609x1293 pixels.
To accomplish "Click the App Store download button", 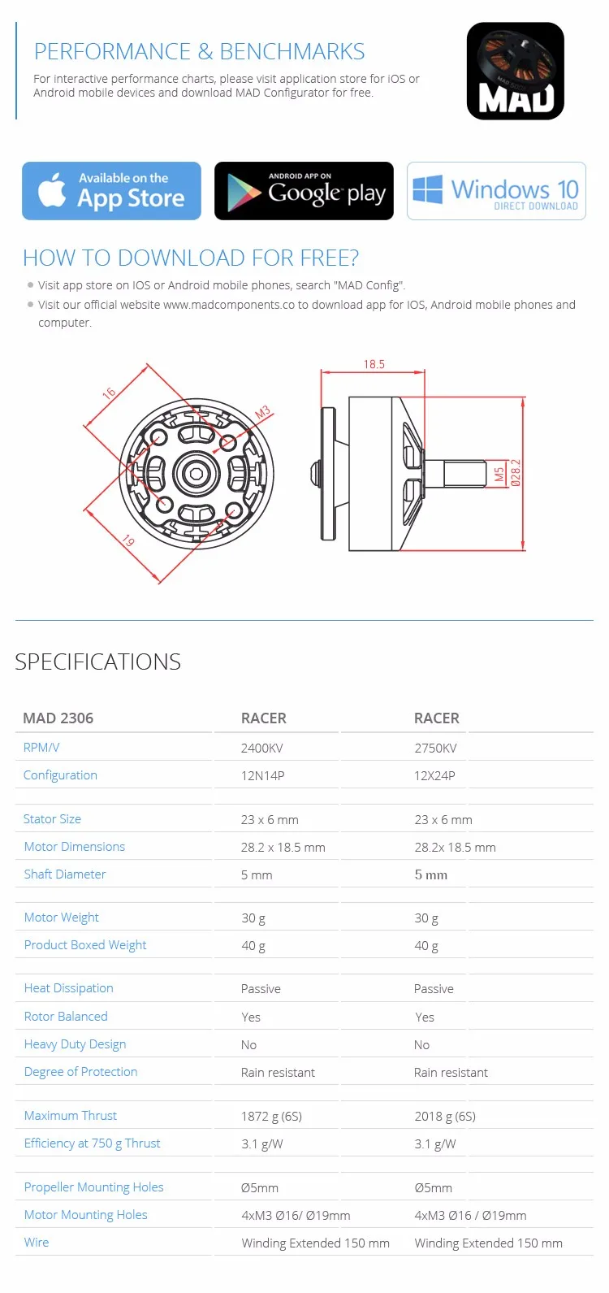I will tap(111, 191).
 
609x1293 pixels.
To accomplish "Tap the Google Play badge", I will tap(304, 191).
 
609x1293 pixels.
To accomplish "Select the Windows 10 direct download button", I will tap(496, 191).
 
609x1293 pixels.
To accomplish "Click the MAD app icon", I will tap(515, 72).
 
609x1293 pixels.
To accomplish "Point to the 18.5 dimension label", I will tap(374, 365).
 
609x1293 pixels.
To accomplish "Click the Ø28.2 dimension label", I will tap(516, 472).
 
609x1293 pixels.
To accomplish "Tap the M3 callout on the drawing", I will tap(262, 413).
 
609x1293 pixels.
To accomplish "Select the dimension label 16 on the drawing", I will tap(109, 393).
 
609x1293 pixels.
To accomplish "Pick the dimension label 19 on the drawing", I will tap(127, 540).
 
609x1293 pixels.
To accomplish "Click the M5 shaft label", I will tap(500, 473).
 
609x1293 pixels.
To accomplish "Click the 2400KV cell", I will tap(261, 748).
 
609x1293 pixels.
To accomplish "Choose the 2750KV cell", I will tap(435, 748).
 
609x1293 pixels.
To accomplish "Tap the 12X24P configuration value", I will tap(434, 776).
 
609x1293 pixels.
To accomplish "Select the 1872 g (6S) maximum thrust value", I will tap(271, 1117).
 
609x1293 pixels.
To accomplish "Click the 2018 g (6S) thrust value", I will tap(445, 1117).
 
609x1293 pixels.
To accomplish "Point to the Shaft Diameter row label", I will tap(65, 874).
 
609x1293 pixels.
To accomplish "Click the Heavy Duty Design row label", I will tap(75, 1044).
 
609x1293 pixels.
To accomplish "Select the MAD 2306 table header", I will tap(58, 718).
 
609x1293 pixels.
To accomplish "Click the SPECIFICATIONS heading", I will tap(98, 662).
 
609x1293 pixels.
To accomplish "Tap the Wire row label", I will tap(37, 1243).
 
